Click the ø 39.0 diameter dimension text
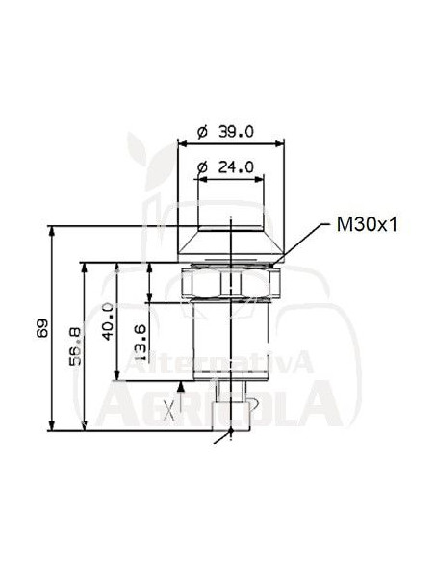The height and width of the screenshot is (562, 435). (226, 132)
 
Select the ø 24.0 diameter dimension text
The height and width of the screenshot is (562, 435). (226, 166)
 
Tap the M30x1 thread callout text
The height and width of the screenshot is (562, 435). (367, 225)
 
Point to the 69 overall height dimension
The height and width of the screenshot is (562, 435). (42, 327)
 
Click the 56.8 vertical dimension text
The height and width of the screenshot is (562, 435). (75, 346)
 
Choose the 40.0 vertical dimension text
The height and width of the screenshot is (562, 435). (108, 321)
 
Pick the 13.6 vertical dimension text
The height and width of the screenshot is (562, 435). (141, 343)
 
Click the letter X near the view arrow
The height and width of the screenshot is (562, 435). (168, 411)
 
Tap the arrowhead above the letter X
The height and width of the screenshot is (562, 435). (181, 387)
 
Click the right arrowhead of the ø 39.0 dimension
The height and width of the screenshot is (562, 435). (279, 143)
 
